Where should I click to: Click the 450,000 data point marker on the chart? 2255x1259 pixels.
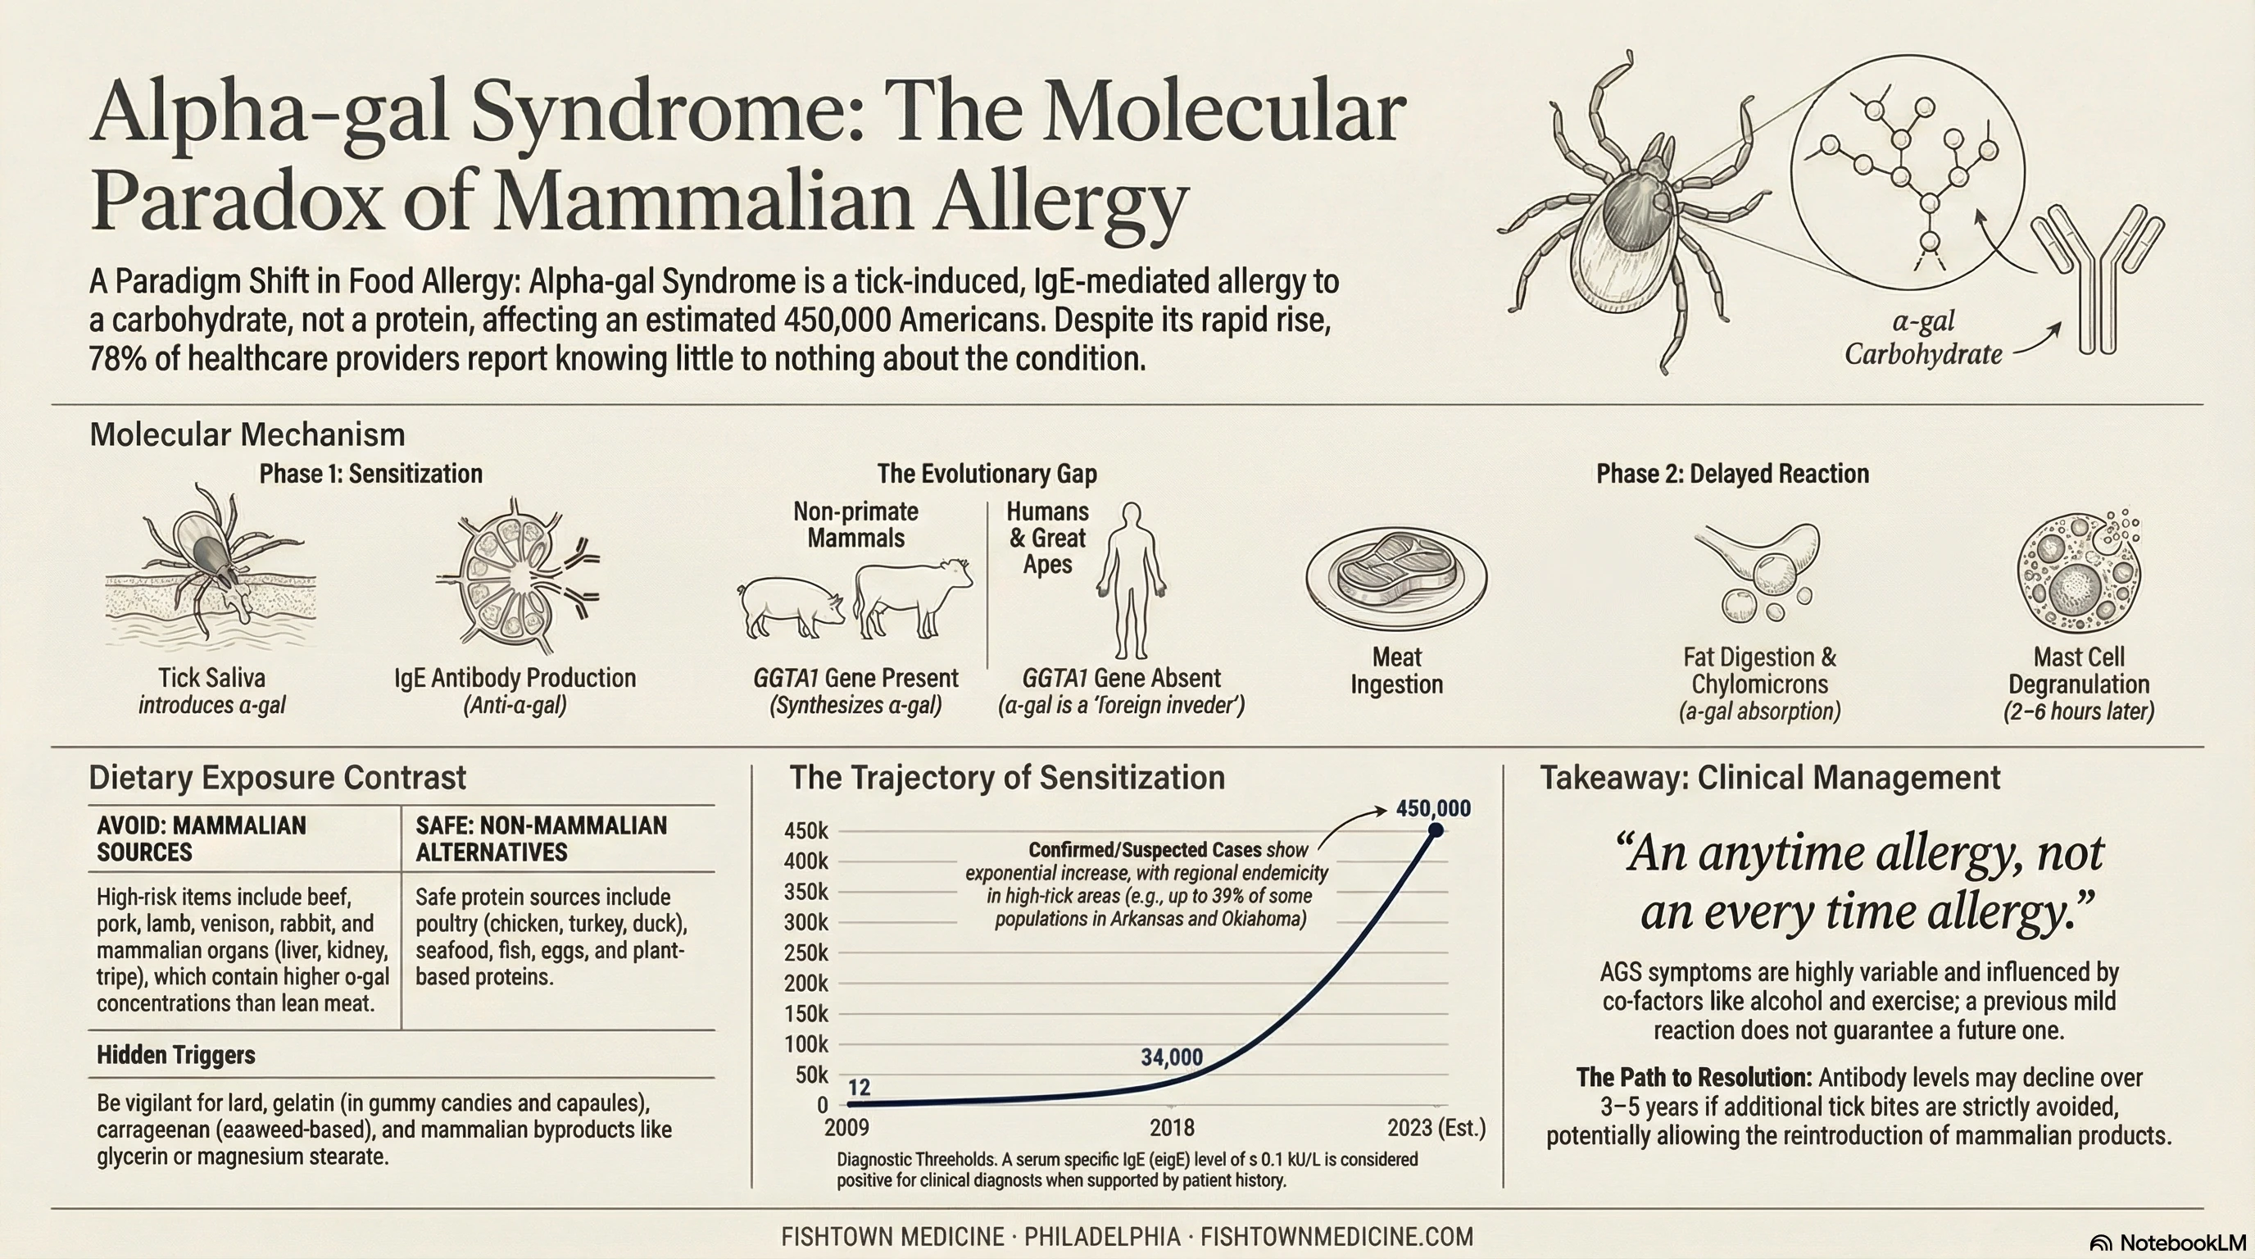pos(1436,829)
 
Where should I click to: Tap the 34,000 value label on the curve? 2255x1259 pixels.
pos(1171,1057)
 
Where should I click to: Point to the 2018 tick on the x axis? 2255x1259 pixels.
pos(1171,1127)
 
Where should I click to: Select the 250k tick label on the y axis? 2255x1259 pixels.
pos(805,952)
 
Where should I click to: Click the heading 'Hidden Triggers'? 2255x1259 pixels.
pos(176,1055)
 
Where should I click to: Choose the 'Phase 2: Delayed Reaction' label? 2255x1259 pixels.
pos(1731,474)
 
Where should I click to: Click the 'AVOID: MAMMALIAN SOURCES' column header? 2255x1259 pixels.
pos(202,839)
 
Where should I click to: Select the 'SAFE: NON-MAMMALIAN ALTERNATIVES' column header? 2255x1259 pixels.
pos(541,839)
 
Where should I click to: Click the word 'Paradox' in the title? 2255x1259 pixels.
pos(236,202)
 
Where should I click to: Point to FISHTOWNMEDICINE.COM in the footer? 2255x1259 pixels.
pos(1336,1237)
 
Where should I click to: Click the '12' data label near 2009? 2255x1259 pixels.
pos(860,1088)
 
